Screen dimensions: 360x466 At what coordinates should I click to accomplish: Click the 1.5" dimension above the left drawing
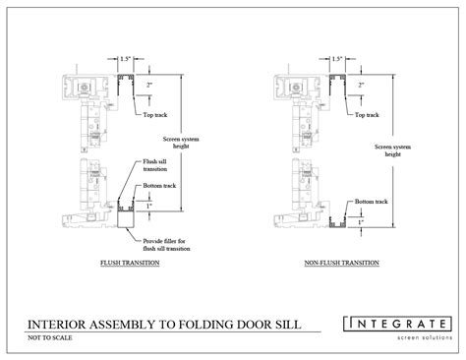[126, 58]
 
